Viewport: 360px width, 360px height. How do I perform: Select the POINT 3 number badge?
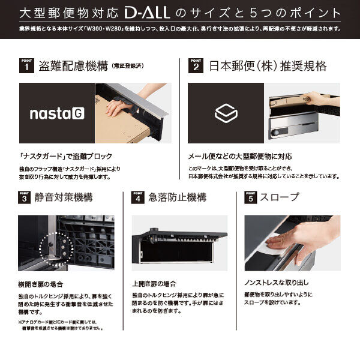click(x=24, y=197)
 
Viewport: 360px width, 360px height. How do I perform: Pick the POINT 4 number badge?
click(x=137, y=197)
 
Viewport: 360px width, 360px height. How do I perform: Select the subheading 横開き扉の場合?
click(x=40, y=284)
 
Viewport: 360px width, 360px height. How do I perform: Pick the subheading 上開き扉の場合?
click(x=154, y=284)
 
